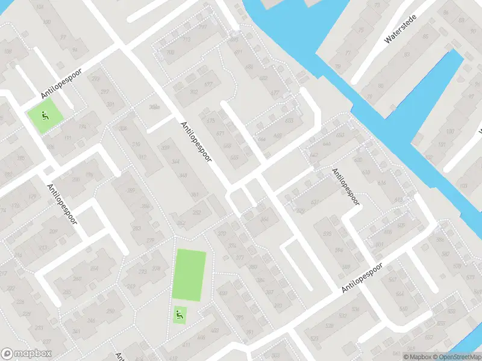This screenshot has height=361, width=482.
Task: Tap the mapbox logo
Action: (27, 354)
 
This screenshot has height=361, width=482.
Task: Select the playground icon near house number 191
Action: (44, 116)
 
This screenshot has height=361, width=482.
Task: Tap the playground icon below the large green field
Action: (179, 313)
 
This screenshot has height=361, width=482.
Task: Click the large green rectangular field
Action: (189, 275)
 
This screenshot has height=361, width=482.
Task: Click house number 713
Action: (186, 40)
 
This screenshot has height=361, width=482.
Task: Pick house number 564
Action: (401, 294)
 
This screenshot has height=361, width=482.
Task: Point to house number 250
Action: (110, 311)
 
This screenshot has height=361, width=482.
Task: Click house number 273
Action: (143, 271)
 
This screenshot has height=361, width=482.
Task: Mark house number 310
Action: (136, 144)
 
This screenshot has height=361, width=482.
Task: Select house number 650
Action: (340, 135)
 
